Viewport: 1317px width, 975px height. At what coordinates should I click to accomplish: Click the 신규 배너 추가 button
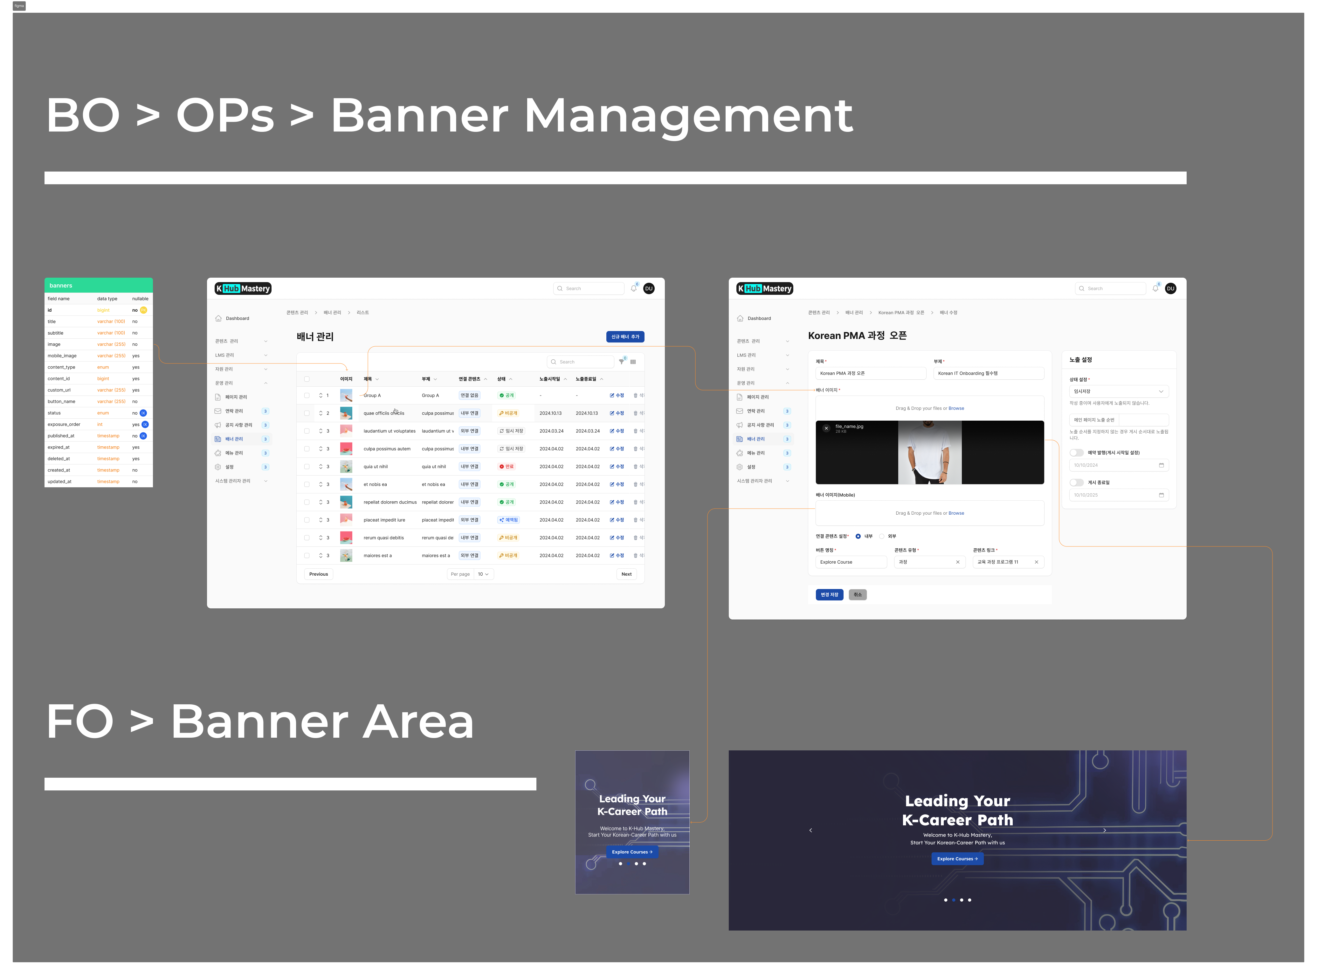pos(625,336)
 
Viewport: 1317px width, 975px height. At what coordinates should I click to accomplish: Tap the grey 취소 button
pos(858,594)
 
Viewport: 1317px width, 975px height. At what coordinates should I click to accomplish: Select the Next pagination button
pos(626,574)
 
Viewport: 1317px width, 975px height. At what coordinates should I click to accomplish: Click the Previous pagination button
pos(318,574)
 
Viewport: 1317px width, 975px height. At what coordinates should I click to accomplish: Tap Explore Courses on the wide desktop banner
pos(957,859)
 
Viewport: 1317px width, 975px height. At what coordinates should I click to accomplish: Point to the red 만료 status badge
pos(507,466)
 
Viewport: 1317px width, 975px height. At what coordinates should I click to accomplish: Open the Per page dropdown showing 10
pos(483,574)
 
